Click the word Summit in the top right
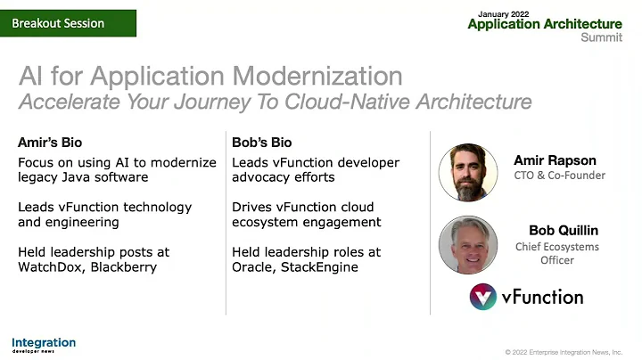coord(601,37)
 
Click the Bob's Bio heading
coord(261,143)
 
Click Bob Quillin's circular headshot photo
coord(468,245)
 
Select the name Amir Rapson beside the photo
coord(554,160)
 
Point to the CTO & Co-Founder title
coord(559,176)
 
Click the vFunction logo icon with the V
coord(483,297)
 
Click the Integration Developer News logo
coord(44,344)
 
